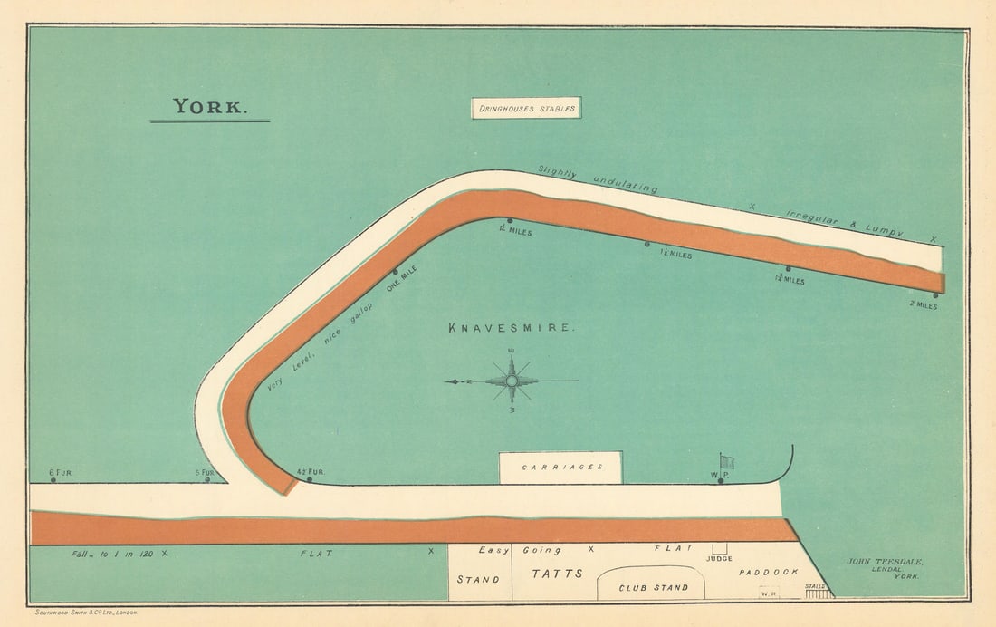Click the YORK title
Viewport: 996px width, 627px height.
209,106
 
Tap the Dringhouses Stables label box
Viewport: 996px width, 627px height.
525,109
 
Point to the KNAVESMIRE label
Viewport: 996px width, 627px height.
511,328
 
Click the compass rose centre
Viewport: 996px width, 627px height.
512,381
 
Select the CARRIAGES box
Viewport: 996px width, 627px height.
560,468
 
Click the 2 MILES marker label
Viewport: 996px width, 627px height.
924,306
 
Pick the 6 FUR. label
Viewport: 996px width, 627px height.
60,473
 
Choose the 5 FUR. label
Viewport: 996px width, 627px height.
205,473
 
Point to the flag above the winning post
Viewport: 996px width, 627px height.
726,460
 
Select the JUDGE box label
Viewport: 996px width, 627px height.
720,559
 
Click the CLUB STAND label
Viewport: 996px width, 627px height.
652,587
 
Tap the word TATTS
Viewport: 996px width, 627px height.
557,574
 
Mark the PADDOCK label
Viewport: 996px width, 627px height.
768,573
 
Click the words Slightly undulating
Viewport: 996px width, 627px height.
598,179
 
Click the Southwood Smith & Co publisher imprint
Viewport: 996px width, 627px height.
85,613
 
